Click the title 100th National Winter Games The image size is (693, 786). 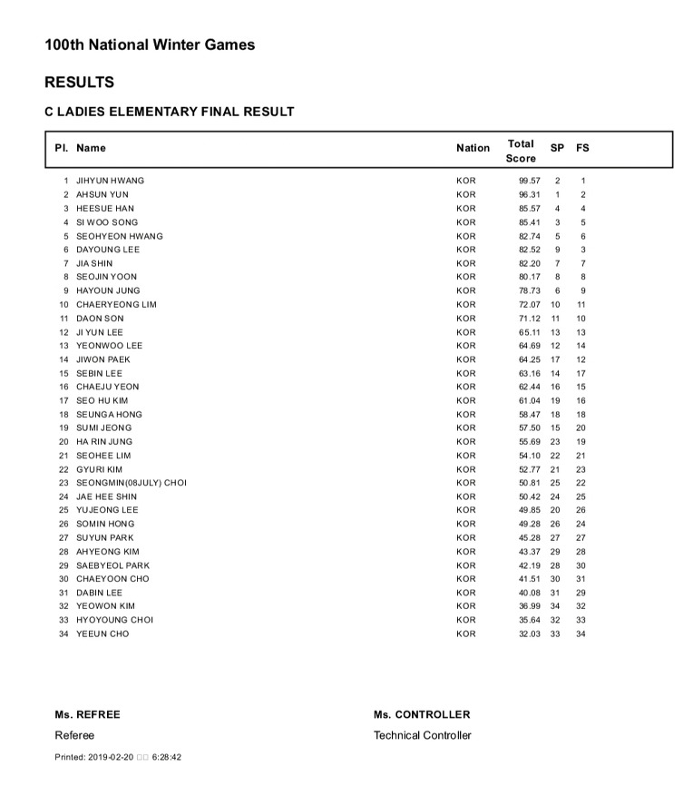click(150, 44)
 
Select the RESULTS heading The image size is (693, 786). click(79, 83)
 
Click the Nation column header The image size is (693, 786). click(473, 148)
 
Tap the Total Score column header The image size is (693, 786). click(521, 151)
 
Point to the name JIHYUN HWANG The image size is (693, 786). click(110, 181)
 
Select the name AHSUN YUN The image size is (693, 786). click(102, 194)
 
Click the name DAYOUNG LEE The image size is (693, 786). click(107, 250)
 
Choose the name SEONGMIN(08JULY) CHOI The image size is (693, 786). click(131, 483)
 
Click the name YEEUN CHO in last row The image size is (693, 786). click(102, 634)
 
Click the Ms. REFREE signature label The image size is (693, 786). click(87, 714)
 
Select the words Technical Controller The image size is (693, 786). click(422, 735)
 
